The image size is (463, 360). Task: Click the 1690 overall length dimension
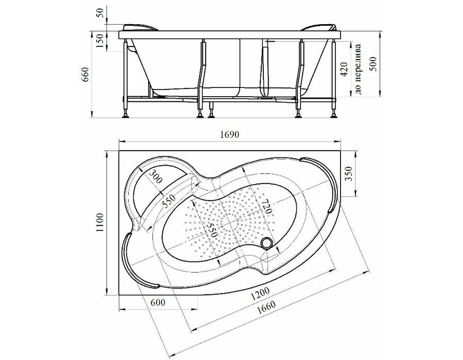[229, 135]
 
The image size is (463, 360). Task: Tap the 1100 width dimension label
[100, 222]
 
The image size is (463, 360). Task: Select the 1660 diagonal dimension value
[266, 308]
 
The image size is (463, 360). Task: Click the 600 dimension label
[158, 302]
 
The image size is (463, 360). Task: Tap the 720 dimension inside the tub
[266, 206]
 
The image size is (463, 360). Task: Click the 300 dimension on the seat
[155, 176]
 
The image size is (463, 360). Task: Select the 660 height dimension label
[85, 75]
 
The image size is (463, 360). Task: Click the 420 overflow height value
[344, 69]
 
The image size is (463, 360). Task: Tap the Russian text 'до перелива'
[358, 69]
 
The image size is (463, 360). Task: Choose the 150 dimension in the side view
[100, 41]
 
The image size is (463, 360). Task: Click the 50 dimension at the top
[101, 13]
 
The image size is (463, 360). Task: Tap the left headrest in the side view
[140, 27]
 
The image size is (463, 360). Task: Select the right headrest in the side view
[319, 27]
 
